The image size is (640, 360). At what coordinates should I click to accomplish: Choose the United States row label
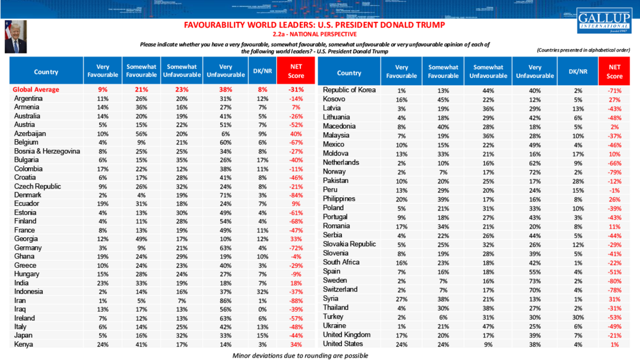pyautogui.click(x=344, y=344)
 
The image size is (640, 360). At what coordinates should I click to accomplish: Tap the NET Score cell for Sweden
pyautogui.click(x=615, y=280)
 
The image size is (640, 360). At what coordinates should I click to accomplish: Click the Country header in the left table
pyautogui.click(x=46, y=72)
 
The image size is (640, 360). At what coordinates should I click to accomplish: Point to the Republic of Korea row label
pyautogui.click(x=349, y=90)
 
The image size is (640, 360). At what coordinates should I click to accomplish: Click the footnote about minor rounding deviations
pyautogui.click(x=300, y=355)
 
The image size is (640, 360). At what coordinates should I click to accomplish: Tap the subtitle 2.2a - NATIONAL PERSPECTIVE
pyautogui.click(x=314, y=35)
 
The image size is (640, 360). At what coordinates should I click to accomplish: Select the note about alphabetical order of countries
pyautogui.click(x=583, y=50)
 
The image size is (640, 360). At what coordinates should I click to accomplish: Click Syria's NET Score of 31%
pyautogui.click(x=615, y=298)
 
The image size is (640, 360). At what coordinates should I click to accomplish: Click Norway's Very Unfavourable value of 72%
pyautogui.click(x=534, y=171)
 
